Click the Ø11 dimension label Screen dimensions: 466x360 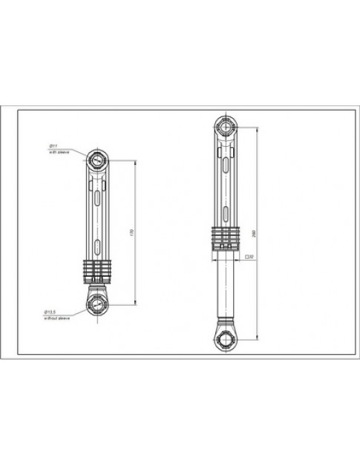point(53,146)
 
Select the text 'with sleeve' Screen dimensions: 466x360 point(56,151)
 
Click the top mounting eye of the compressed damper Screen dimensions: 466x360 point(97,160)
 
